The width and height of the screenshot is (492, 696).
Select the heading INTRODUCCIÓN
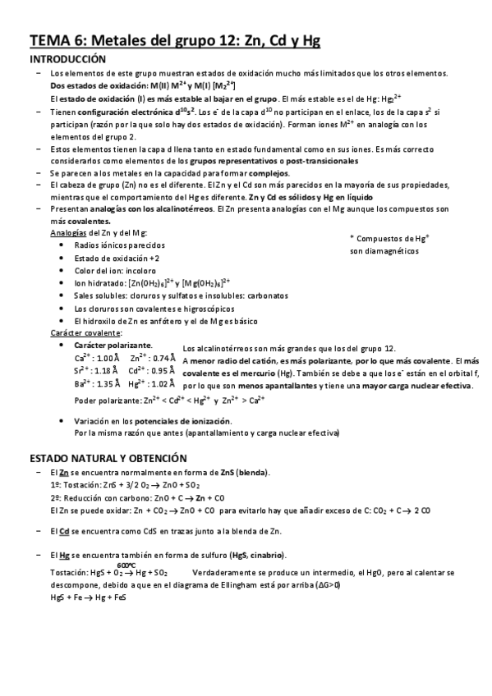click(68, 60)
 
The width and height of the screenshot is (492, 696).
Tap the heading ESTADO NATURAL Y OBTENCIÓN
click(108, 457)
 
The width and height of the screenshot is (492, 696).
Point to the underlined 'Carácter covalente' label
click(86, 332)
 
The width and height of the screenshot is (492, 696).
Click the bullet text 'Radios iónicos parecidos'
click(119, 245)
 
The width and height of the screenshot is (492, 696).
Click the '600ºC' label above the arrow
click(126, 565)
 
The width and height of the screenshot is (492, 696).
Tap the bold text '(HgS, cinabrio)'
click(252, 556)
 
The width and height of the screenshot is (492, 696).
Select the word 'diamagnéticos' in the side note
click(389, 250)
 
